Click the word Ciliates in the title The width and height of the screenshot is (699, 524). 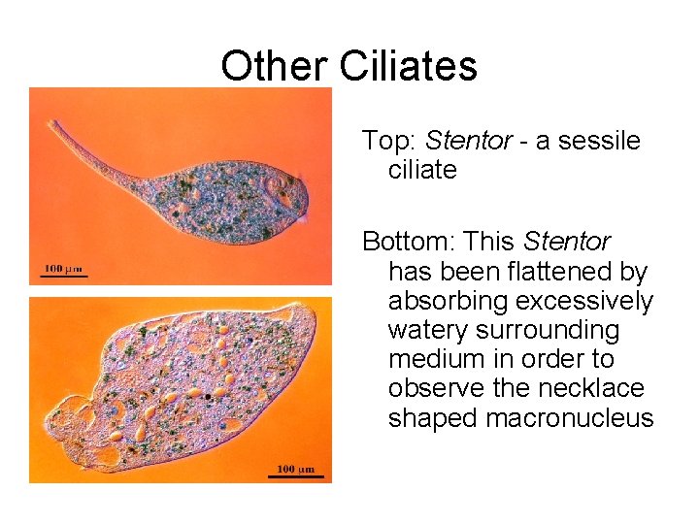point(408,66)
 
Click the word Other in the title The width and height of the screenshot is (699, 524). point(276,66)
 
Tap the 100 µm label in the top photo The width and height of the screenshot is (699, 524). point(63,268)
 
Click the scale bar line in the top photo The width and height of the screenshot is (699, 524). point(63,277)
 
